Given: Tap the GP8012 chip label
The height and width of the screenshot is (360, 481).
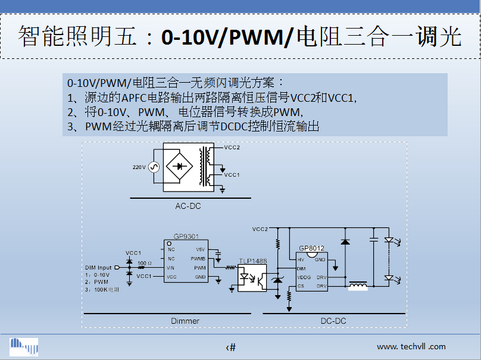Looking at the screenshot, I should click(x=312, y=248).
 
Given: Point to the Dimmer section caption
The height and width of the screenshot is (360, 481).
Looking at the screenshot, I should click(x=185, y=321).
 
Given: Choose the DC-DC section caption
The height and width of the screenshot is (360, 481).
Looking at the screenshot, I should click(x=333, y=321).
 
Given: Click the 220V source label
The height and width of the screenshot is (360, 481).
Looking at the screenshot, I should click(x=139, y=167).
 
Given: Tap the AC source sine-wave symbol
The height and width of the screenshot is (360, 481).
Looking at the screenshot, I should click(x=152, y=167).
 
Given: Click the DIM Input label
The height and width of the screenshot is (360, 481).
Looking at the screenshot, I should click(x=98, y=268).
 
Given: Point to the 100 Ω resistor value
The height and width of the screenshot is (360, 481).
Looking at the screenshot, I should click(x=143, y=262).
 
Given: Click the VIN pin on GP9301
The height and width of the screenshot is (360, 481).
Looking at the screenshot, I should click(x=171, y=268).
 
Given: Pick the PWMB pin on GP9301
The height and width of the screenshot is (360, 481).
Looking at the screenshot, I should click(x=198, y=259).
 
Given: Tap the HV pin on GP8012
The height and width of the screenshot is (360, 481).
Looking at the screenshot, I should click(x=301, y=259).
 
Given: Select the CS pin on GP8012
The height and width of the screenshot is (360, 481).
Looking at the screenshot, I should click(x=301, y=286).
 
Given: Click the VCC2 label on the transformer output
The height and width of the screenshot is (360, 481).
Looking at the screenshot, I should click(x=232, y=147).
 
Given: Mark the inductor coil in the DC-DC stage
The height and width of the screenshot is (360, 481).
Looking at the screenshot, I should click(x=357, y=286).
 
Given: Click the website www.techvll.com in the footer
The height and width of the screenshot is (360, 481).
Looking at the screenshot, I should click(x=411, y=346).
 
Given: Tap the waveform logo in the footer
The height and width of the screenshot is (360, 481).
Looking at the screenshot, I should click(x=24, y=346).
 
